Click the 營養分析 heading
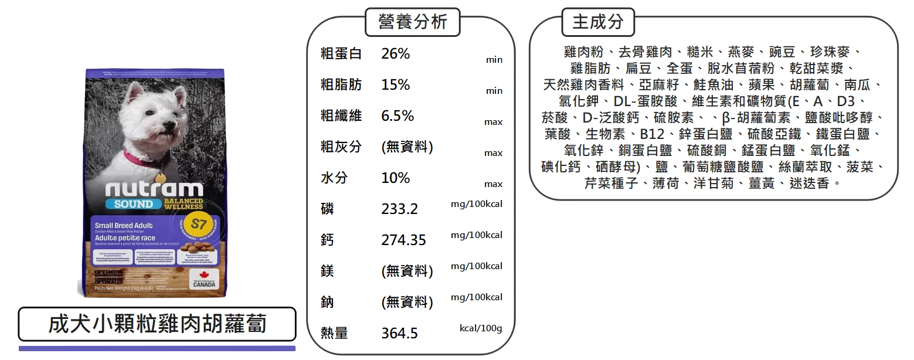pyautogui.click(x=412, y=22)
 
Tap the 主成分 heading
pyautogui.click(x=597, y=22)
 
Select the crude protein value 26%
pyautogui.click(x=396, y=54)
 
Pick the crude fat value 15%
pyautogui.click(x=396, y=84)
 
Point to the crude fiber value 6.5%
pyautogui.click(x=397, y=116)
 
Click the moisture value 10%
pyautogui.click(x=396, y=178)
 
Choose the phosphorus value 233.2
pyautogui.click(x=399, y=209)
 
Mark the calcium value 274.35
pyautogui.click(x=403, y=240)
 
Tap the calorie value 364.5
pyautogui.click(x=399, y=333)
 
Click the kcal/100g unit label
pyautogui.click(x=480, y=328)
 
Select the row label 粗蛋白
pyautogui.click(x=341, y=54)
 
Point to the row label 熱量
pyautogui.click(x=334, y=333)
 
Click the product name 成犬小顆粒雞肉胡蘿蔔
pyautogui.click(x=157, y=324)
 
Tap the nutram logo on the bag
pyautogui.click(x=154, y=189)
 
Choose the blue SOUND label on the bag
pyautogui.click(x=130, y=204)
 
